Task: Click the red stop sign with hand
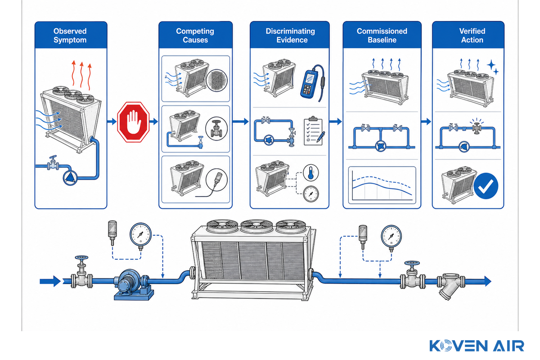click(x=133, y=122)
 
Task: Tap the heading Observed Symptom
click(x=70, y=36)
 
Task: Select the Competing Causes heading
click(x=195, y=36)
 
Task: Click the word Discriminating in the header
click(x=290, y=31)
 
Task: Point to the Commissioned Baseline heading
click(x=382, y=36)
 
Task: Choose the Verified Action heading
click(x=472, y=36)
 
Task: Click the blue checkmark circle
click(x=486, y=186)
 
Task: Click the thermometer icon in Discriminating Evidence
click(x=311, y=173)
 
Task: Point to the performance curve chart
click(x=382, y=185)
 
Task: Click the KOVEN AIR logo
click(x=477, y=346)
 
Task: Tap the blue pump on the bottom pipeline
click(x=133, y=284)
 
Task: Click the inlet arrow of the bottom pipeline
click(x=50, y=281)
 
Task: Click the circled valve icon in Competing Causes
click(x=216, y=129)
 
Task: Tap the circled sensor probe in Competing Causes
click(x=216, y=180)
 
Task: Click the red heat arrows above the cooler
click(x=82, y=75)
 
